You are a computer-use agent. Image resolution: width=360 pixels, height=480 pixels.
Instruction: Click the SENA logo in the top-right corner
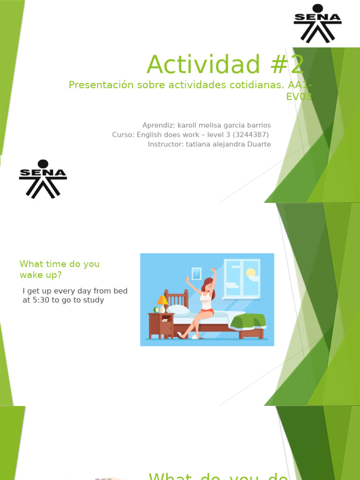tap(317, 23)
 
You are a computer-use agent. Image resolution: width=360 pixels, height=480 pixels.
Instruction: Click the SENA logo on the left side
tap(43, 179)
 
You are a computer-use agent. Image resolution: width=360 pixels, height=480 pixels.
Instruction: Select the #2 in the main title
tap(285, 65)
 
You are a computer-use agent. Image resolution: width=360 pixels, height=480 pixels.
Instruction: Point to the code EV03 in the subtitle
tap(299, 97)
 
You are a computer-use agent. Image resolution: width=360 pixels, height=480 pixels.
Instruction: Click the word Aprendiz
tap(158, 125)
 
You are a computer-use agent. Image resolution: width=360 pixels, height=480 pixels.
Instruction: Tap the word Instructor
tap(165, 144)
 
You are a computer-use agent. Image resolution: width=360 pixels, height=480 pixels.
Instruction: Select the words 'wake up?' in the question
tap(40, 275)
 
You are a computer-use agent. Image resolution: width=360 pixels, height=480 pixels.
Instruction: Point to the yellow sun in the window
tap(251, 272)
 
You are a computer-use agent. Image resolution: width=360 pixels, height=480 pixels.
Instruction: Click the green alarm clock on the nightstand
tap(156, 309)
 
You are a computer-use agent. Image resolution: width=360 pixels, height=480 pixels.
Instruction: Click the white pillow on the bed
tap(178, 310)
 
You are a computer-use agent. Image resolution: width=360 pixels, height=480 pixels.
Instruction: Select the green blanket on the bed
tap(247, 322)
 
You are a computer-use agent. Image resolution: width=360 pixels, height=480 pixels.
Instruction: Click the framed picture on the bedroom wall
tap(196, 273)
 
